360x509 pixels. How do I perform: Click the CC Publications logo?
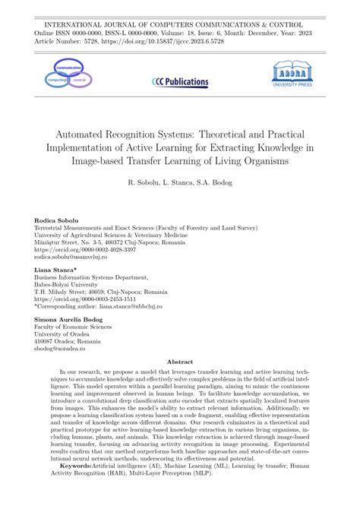pyautogui.click(x=180, y=81)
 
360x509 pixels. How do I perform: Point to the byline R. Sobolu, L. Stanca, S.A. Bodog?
pyautogui.click(x=180, y=183)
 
